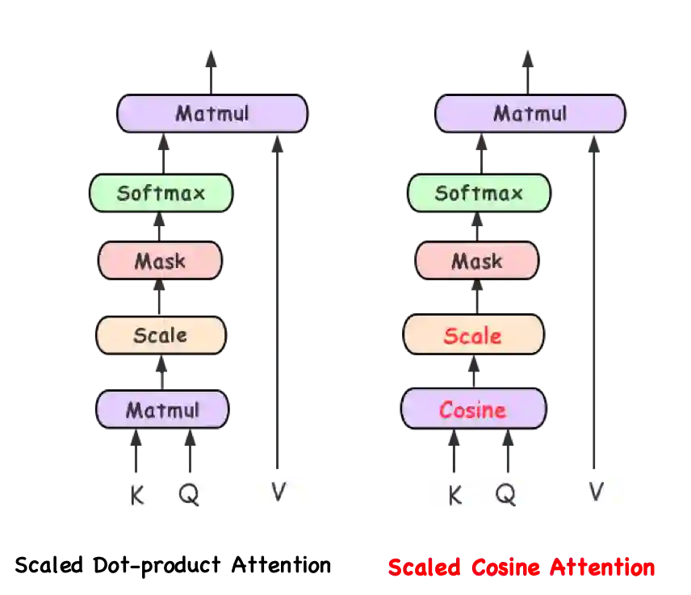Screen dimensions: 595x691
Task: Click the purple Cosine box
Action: (474, 409)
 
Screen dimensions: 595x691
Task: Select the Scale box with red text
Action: (473, 335)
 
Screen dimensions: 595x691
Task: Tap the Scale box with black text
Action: (161, 335)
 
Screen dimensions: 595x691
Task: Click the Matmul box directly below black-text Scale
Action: (162, 409)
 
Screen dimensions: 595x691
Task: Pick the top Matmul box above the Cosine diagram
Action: (530, 113)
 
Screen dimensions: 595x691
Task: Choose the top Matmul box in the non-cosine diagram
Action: (212, 113)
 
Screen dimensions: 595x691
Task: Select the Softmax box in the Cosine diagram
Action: (479, 193)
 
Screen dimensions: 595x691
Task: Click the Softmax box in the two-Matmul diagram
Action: (161, 193)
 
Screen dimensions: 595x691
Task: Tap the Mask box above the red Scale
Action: (476, 261)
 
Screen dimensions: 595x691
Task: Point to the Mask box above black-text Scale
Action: (160, 261)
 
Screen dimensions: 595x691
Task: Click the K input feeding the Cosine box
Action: (454, 494)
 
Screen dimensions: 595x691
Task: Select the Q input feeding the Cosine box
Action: (505, 492)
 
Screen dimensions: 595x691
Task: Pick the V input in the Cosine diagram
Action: (597, 491)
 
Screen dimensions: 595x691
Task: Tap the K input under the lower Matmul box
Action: (137, 494)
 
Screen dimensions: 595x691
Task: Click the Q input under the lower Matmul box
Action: (189, 492)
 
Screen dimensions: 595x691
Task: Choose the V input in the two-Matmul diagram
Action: (279, 491)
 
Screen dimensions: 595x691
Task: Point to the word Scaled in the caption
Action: (424, 568)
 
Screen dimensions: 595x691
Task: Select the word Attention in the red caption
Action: (602, 568)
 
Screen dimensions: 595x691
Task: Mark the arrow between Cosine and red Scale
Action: (474, 371)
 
